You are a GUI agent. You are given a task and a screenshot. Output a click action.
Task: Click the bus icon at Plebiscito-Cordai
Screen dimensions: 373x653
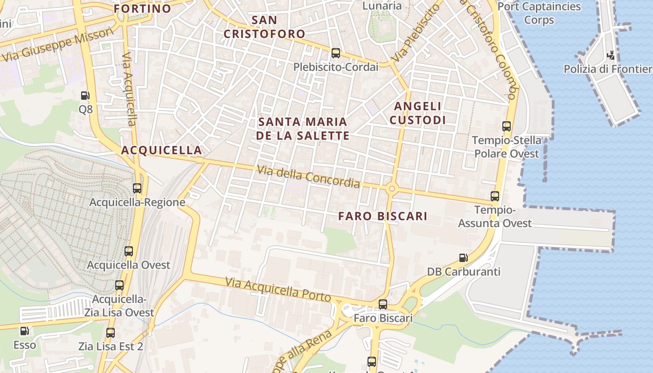pos(335,53)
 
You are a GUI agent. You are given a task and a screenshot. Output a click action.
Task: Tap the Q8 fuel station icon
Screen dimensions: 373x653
pos(85,96)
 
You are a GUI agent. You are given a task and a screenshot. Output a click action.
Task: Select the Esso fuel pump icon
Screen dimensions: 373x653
pos(24,332)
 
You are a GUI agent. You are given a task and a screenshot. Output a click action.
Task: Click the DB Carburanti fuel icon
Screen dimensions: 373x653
pos(463,258)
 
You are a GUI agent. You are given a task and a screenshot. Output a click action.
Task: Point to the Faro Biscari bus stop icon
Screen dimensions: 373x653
pos(383,304)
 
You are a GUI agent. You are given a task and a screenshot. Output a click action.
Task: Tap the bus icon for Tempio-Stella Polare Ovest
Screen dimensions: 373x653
pos(507,126)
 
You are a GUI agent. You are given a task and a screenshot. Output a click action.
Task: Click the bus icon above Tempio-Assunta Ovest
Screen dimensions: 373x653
pos(495,196)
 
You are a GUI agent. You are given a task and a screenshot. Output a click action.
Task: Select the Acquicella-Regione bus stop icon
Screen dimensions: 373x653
pos(137,188)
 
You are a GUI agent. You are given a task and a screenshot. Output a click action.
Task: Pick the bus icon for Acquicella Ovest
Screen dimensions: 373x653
pos(129,251)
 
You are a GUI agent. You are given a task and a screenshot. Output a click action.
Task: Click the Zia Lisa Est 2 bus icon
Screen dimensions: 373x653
pos(111,333)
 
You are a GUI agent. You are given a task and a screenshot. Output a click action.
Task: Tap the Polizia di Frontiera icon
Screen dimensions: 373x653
pos(611,55)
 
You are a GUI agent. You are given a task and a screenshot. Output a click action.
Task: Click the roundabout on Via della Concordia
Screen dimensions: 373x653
pos(391,189)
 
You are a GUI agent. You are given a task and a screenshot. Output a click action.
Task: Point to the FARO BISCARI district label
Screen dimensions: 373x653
pos(382,216)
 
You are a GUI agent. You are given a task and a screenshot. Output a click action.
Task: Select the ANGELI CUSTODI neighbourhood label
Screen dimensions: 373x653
pos(417,113)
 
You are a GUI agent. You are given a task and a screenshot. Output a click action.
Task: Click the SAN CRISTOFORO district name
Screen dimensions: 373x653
pos(264,27)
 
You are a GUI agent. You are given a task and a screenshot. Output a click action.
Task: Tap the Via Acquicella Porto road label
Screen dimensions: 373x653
pos(278,289)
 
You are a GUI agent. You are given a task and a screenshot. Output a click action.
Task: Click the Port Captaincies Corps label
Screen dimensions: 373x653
pos(539,13)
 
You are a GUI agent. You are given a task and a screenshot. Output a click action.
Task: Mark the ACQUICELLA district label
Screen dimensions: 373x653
pos(161,150)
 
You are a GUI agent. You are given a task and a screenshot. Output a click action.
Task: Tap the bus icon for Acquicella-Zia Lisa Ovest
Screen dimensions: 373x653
pos(119,285)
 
